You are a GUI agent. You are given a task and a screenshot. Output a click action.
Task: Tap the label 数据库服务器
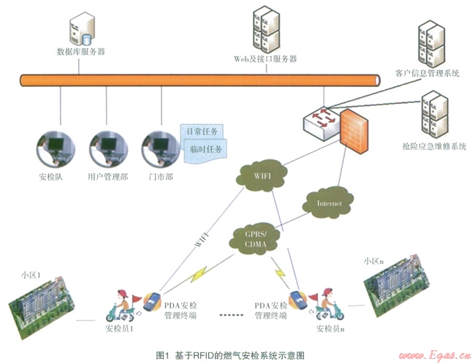pos(80,51)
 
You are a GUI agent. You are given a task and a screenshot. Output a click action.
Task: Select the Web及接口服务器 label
pos(265,58)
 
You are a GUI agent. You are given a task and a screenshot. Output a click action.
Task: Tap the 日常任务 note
pos(202,132)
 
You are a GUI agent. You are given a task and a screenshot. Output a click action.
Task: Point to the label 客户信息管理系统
pos(427,74)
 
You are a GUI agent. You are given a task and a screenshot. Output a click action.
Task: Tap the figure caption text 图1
pos(163,354)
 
